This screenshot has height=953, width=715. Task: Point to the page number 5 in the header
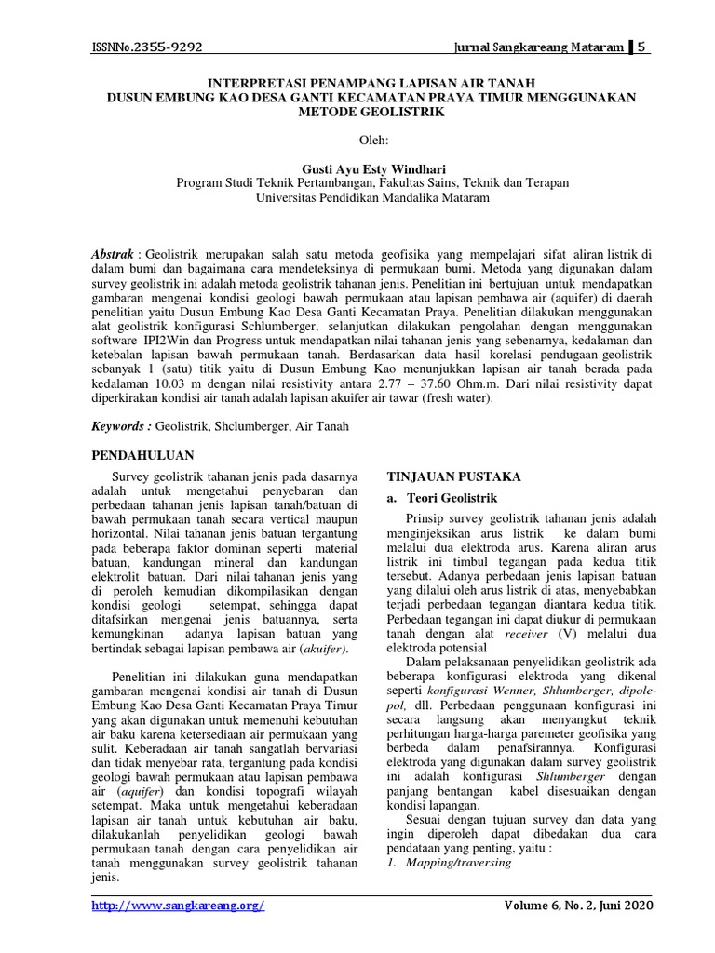pos(641,47)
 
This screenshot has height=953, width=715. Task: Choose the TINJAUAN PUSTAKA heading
pos(453,476)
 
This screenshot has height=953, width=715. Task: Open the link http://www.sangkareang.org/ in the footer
pos(178,906)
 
